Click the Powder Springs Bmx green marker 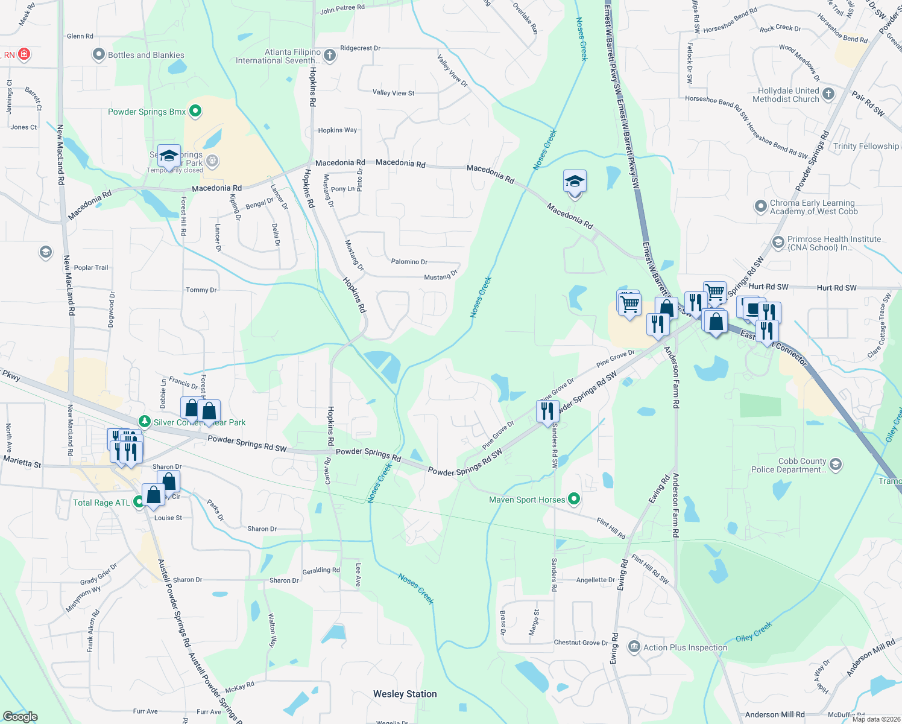point(195,112)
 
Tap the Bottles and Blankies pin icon point(98,55)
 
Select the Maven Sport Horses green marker point(574,499)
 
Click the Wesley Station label point(405,694)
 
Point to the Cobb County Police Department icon point(835,464)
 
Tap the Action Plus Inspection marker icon point(634,647)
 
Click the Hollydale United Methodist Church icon point(828,94)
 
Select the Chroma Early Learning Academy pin point(760,206)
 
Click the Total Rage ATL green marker point(139,501)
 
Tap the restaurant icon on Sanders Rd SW point(547,411)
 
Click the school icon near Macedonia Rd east point(575,182)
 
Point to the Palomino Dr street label point(409,262)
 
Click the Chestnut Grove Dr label point(581,643)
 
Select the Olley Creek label point(753,632)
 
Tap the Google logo point(20,716)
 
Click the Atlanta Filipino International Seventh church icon point(329,56)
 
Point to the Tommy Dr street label point(201,290)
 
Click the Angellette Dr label point(595,580)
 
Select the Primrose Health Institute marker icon point(778,243)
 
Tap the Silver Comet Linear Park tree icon point(144,422)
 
